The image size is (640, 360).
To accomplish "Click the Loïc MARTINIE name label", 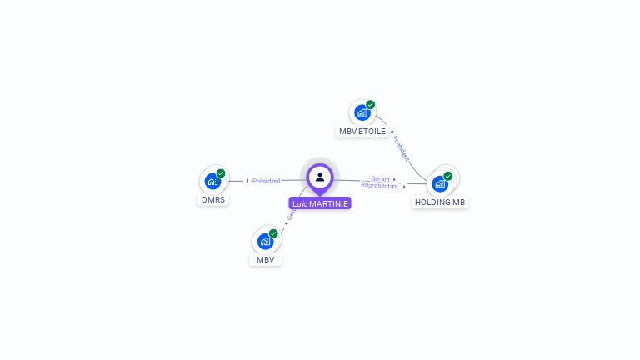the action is [x=320, y=203].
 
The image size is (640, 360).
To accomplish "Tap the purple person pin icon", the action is [x=320, y=177].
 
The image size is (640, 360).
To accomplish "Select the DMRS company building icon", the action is [x=212, y=180].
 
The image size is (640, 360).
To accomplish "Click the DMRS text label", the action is [x=213, y=200].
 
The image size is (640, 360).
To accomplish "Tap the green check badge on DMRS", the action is [x=221, y=173].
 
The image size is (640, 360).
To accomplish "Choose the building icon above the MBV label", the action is [x=265, y=241].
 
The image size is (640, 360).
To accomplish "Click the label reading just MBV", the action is [x=265, y=260].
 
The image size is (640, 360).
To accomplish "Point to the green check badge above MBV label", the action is [x=273, y=234].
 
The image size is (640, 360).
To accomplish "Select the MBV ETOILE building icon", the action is [x=362, y=112].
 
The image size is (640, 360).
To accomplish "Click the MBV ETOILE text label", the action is [x=362, y=132].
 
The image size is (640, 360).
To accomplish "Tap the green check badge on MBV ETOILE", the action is [x=370, y=105].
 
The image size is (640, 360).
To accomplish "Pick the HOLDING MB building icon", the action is [x=439, y=183].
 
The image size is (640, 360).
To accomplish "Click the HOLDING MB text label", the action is [x=440, y=202].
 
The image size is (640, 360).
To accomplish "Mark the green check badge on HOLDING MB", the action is [x=447, y=177].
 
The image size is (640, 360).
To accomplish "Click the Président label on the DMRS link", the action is [x=267, y=181].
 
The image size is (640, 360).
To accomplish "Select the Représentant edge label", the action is [x=379, y=185].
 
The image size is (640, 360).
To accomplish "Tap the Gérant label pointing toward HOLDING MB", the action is [x=380, y=178].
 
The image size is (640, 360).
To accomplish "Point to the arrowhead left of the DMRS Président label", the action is [x=247, y=181].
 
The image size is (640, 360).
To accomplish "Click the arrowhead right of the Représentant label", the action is [x=405, y=187].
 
